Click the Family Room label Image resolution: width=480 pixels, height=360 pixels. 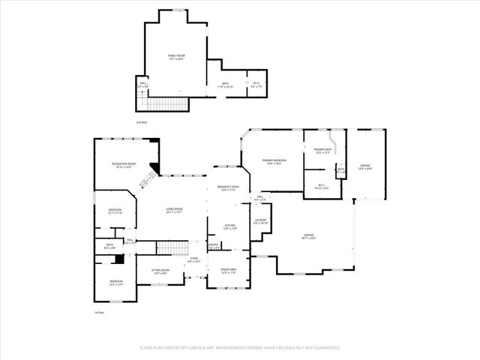175,56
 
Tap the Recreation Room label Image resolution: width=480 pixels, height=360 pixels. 124,164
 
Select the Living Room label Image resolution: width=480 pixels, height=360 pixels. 175,211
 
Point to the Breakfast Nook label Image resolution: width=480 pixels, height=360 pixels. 229,187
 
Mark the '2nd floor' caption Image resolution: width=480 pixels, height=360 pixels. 142,121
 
